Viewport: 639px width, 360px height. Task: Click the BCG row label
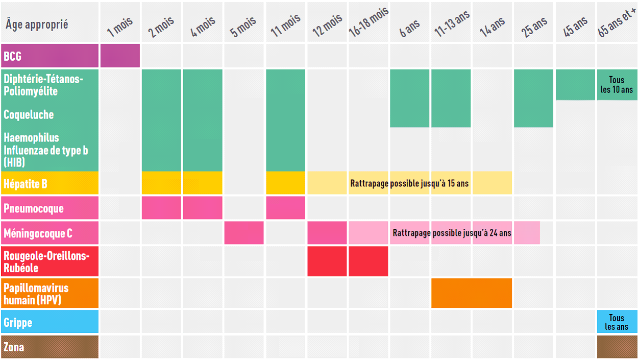click(13, 56)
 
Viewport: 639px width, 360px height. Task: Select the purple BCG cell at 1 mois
click(120, 56)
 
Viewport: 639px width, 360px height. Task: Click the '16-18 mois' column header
click(368, 23)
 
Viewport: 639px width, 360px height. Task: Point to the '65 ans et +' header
click(617, 23)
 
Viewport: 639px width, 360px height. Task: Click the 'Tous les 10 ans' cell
click(617, 85)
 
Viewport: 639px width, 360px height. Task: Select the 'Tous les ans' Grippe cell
click(617, 322)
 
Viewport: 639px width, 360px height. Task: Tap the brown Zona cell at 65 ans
click(617, 347)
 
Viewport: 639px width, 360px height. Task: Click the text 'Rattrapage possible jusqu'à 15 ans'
click(409, 183)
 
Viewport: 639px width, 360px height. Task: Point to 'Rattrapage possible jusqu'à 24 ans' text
click(452, 233)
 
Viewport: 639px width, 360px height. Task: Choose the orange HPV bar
click(471, 293)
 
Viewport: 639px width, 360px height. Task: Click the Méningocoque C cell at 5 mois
click(244, 233)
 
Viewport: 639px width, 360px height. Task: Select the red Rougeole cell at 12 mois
click(327, 261)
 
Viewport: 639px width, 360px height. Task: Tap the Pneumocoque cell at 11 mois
click(285, 208)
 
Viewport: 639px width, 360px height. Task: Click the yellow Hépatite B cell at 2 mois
click(161, 183)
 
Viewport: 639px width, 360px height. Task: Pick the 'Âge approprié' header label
click(37, 24)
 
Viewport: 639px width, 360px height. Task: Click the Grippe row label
click(18, 323)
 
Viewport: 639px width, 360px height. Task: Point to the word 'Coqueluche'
click(29, 114)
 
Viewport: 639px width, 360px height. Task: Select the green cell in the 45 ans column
click(575, 85)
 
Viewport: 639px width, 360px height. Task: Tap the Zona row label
click(14, 347)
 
